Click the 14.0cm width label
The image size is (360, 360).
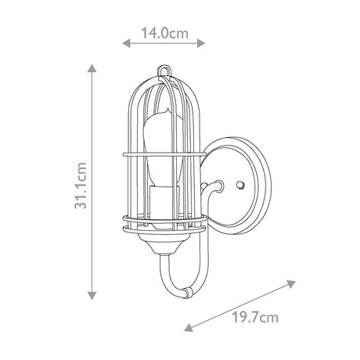pos(164,33)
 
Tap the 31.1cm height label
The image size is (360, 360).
pos(81,185)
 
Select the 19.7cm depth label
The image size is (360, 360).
pos(255,318)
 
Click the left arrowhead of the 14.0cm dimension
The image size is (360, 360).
pos(126,43)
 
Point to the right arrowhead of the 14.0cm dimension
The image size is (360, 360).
pos(201,43)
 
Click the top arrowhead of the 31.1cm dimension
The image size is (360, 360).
pos(92,68)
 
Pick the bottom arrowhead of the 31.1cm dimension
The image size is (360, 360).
pos(92,296)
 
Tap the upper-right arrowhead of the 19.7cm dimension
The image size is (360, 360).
pos(291,284)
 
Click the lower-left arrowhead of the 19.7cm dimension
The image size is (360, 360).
pos(189,327)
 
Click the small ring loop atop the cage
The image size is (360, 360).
pos(164,70)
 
